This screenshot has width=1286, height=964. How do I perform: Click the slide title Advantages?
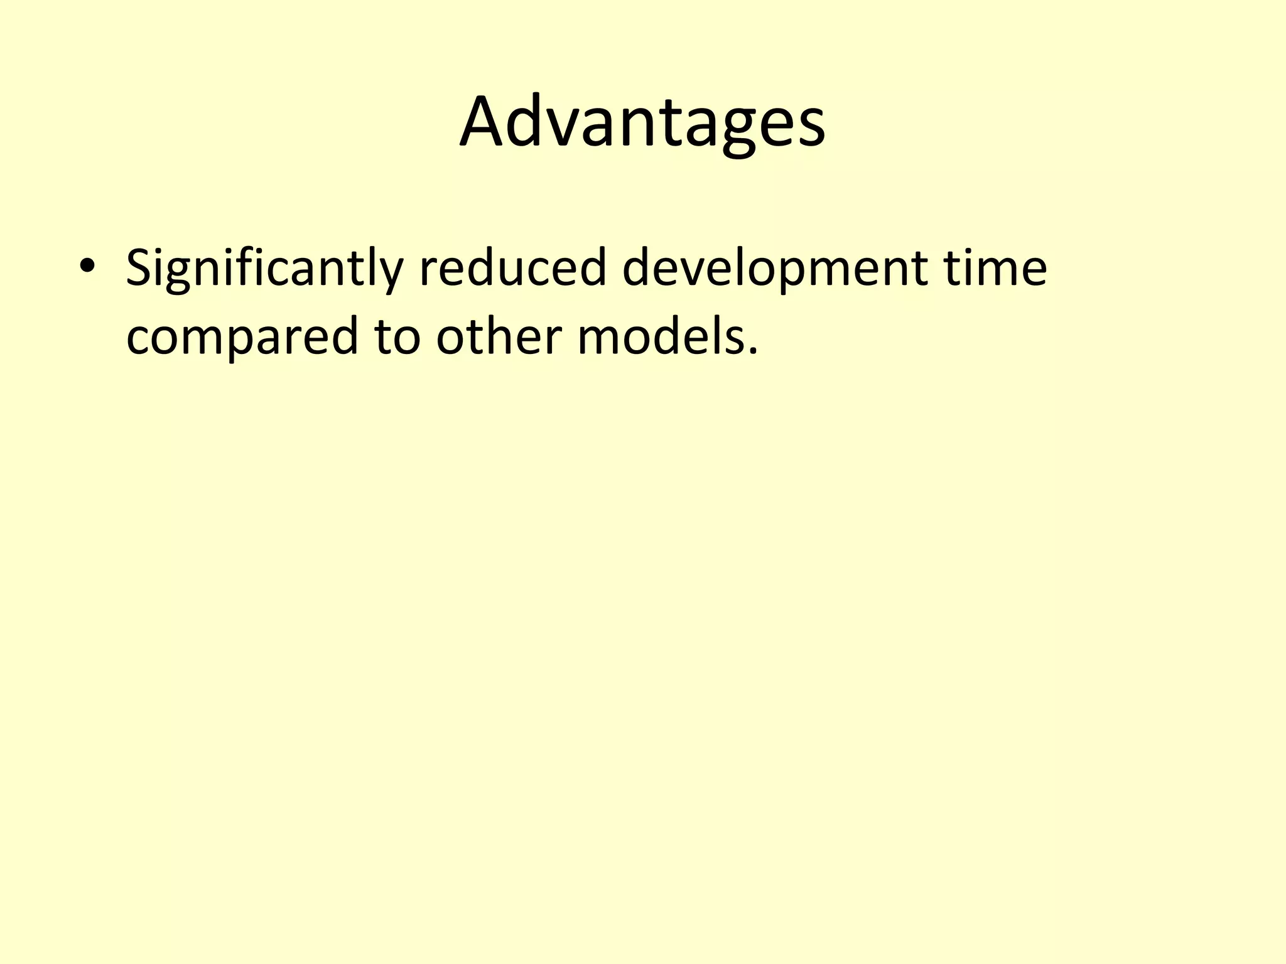(x=642, y=122)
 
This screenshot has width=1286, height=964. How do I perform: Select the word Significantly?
(x=264, y=269)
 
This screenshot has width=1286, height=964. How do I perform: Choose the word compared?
(x=242, y=338)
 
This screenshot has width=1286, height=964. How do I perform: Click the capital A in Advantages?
(x=484, y=122)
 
